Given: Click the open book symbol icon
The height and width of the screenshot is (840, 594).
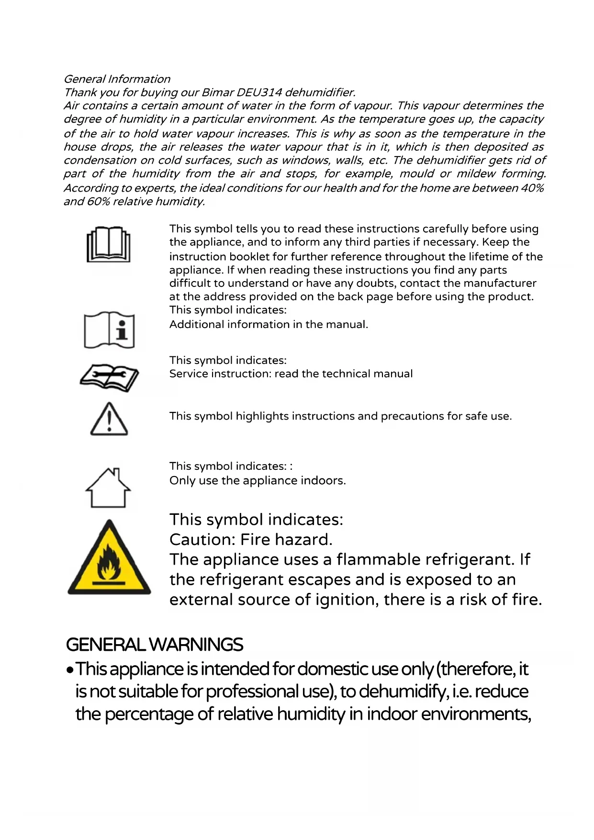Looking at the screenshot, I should pyautogui.click(x=109, y=245).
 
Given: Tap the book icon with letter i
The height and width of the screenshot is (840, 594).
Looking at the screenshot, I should pyautogui.click(x=109, y=330).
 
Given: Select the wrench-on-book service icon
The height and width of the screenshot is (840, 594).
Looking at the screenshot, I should pyautogui.click(x=109, y=377).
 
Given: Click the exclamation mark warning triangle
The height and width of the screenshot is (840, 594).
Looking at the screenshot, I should pyautogui.click(x=109, y=419).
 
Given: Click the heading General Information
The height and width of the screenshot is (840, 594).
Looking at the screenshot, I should pyautogui.click(x=117, y=79).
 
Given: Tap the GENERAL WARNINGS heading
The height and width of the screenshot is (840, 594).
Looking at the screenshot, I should pyautogui.click(x=154, y=645).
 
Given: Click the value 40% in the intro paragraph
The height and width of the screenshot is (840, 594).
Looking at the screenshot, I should pyautogui.click(x=532, y=188).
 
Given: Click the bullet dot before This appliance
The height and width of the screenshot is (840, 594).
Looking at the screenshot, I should pyautogui.click(x=70, y=670).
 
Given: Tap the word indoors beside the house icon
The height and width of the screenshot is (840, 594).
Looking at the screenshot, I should pyautogui.click(x=321, y=480).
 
